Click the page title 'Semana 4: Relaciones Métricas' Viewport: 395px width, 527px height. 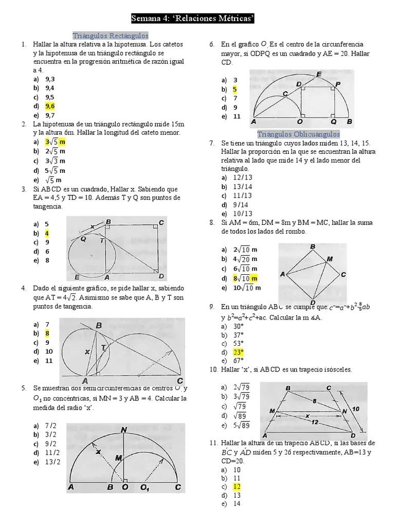pos(193,19)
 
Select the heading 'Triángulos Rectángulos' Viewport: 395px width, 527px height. pos(111,36)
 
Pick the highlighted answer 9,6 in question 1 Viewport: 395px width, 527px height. pos(50,106)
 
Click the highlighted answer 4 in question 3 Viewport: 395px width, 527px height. pos(47,233)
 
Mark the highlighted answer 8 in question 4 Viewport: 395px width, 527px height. pos(47,333)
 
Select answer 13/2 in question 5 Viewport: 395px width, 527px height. pos(52,462)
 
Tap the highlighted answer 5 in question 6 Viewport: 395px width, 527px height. pos(235,89)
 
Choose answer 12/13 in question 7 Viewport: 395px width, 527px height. pos(242,178)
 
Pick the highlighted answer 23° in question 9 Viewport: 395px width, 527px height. pos(238,352)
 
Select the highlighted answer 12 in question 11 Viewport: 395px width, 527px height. pos(237,486)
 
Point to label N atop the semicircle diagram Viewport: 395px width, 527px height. pos(124,430)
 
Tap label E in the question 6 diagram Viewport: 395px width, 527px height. pos(319,75)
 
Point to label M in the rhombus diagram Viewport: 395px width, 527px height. pos(329,259)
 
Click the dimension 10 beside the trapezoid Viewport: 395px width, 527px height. pos(356,409)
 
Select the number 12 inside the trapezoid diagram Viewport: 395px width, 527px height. pos(315,422)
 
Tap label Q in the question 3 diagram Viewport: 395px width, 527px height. pos(83,239)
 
